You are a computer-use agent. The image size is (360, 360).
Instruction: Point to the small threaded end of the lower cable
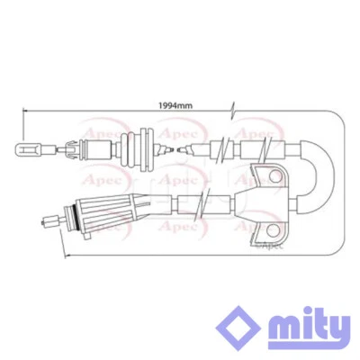pyautogui.click(x=45, y=215)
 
